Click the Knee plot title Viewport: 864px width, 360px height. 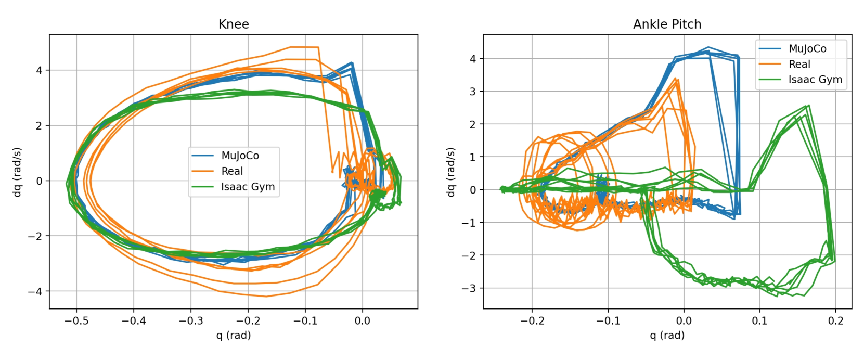coord(234,24)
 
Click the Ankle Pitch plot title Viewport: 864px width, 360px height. coord(667,24)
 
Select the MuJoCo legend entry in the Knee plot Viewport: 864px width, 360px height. coord(240,156)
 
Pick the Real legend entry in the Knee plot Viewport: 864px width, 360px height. coord(232,171)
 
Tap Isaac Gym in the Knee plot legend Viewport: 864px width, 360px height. coord(248,187)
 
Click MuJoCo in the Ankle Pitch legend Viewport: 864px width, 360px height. coord(807,49)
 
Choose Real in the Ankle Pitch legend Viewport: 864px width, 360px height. coord(799,65)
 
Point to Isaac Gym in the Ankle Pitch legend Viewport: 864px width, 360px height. coord(815,80)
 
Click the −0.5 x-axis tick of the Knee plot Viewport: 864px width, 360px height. coord(76,321)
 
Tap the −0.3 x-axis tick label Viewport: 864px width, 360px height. coord(190,321)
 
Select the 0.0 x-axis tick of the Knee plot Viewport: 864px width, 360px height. coord(362,321)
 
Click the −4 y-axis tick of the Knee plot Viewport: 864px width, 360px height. coord(36,292)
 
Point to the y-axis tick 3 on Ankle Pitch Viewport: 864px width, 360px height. coord(473,92)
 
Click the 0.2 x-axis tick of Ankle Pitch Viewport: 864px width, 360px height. coord(835,321)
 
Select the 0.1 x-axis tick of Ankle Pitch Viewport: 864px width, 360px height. coord(759,321)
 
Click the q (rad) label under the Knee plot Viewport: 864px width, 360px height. coord(234,336)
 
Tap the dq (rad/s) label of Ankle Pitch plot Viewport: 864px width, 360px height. coord(451,172)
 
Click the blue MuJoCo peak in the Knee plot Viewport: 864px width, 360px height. coord(352,63)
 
